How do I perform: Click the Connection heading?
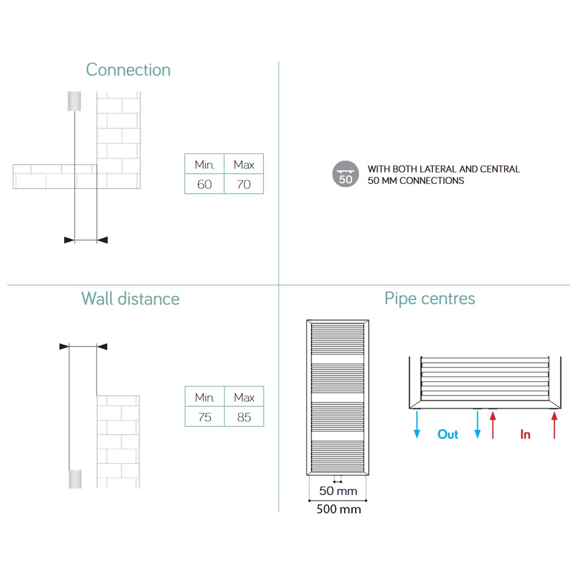point(128,69)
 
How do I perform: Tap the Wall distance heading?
point(131,299)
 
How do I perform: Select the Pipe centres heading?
point(430,299)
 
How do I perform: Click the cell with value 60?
point(204,184)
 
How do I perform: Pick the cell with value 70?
point(244,184)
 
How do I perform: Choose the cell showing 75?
point(205,417)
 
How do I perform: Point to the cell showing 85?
point(244,417)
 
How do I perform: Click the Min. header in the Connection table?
point(204,164)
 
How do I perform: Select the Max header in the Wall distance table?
point(244,397)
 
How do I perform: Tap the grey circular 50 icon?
point(345,174)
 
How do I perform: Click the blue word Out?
point(448,434)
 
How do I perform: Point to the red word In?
point(525,434)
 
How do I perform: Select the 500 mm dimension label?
point(339,509)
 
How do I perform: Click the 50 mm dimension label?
point(338,491)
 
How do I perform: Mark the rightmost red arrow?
point(554,425)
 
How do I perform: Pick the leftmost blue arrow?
point(417,425)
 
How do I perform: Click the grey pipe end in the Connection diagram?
point(74,101)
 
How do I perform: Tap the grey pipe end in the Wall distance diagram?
point(75,479)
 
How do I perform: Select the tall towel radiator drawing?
point(338,398)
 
